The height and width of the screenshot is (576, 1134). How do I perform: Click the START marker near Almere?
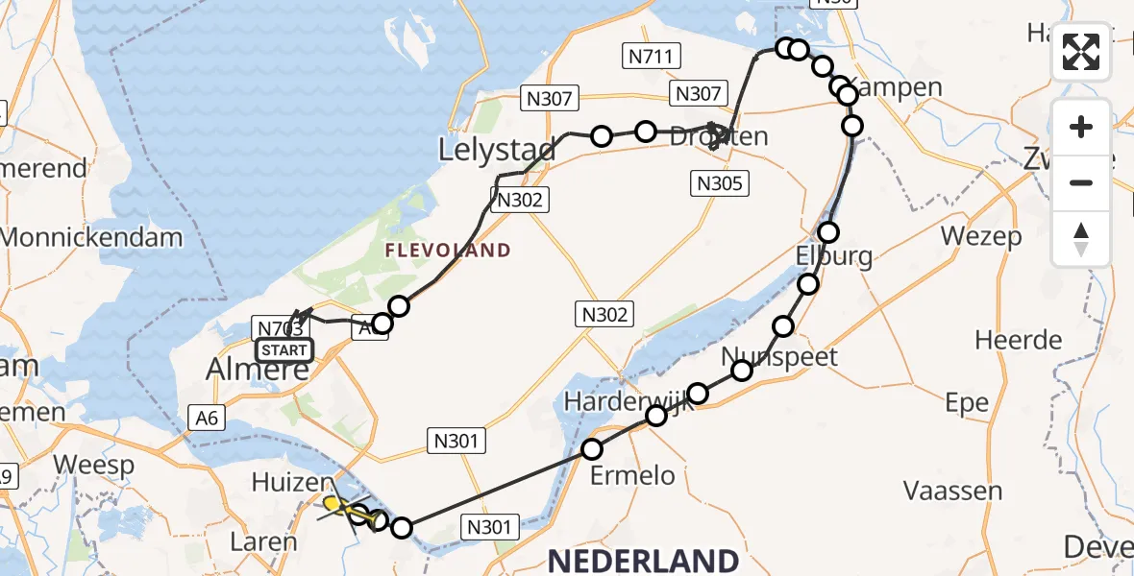[284, 350]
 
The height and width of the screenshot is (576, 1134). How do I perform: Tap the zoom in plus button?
[1081, 127]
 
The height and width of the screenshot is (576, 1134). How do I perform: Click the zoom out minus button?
[1081, 182]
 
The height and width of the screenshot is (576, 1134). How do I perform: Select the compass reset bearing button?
[1081, 238]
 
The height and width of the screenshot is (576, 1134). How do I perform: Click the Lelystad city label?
[497, 150]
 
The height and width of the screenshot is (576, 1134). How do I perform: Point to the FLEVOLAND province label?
[447, 251]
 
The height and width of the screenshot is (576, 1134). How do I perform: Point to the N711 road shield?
[650, 57]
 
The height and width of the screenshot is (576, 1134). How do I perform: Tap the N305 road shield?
[719, 183]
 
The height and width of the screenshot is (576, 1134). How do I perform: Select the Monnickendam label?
[92, 237]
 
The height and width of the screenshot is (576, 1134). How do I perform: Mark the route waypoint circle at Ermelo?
[592, 449]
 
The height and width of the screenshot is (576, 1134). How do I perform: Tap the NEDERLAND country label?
[644, 560]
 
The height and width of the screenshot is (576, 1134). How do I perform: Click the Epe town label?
[967, 403]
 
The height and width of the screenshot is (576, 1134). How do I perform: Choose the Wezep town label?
[980, 236]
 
